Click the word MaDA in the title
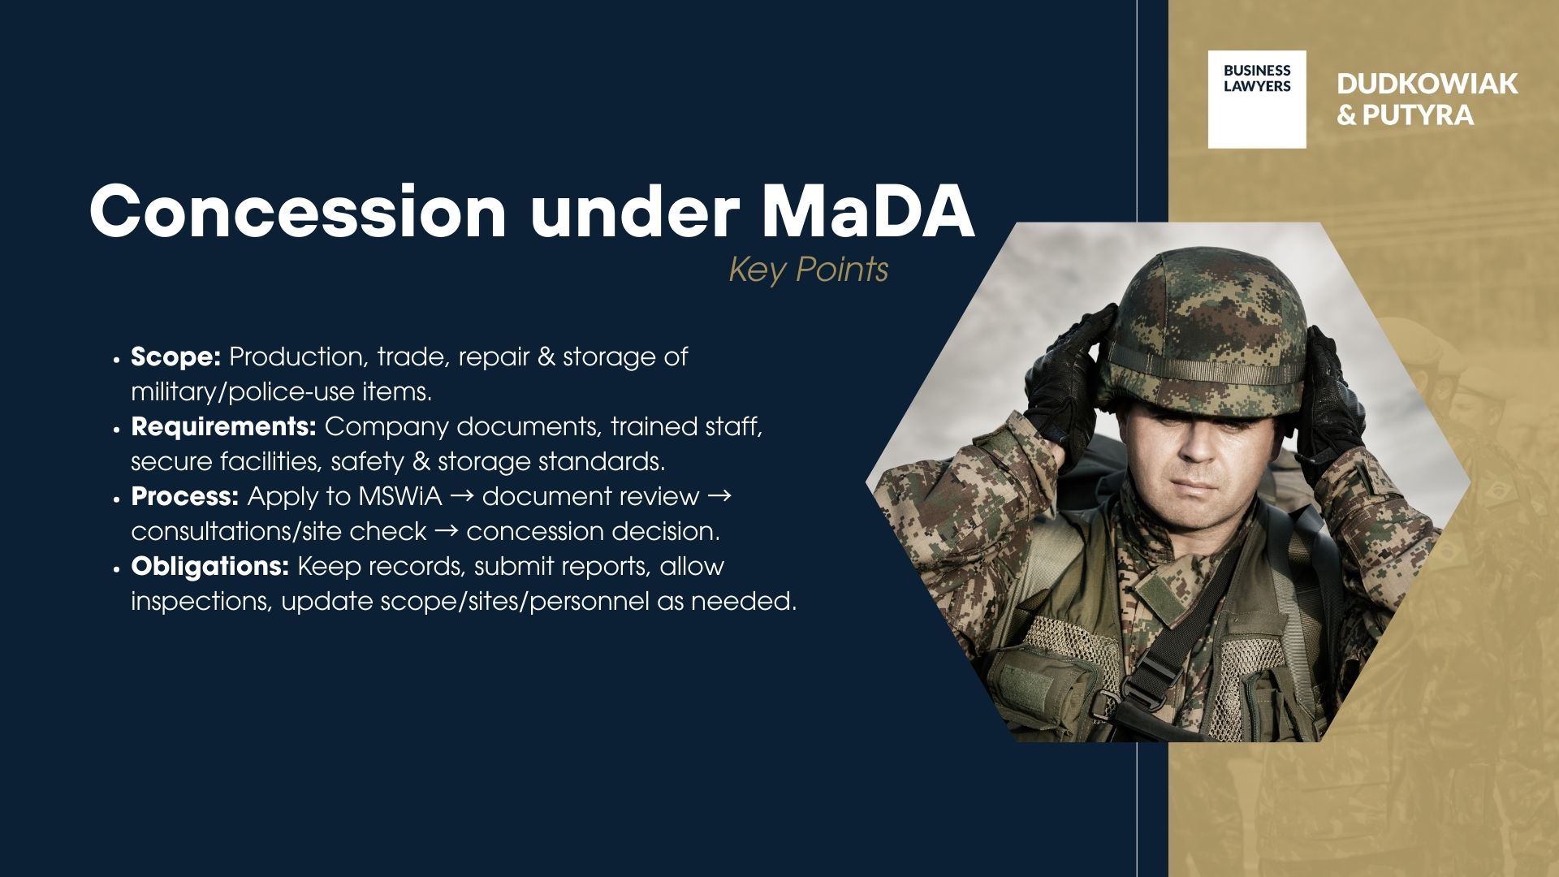pos(867,211)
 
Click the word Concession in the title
pos(297,211)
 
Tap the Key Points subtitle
pos(808,270)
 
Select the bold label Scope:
pos(175,356)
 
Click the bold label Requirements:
pos(223,426)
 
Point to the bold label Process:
pos(184,496)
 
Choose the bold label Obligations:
pos(209,566)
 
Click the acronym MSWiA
pos(399,496)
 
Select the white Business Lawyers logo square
pos(1256,99)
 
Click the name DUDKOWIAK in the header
pos(1427,84)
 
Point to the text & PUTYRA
pos(1405,115)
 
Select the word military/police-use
pos(243,392)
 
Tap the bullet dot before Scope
pos(117,359)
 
